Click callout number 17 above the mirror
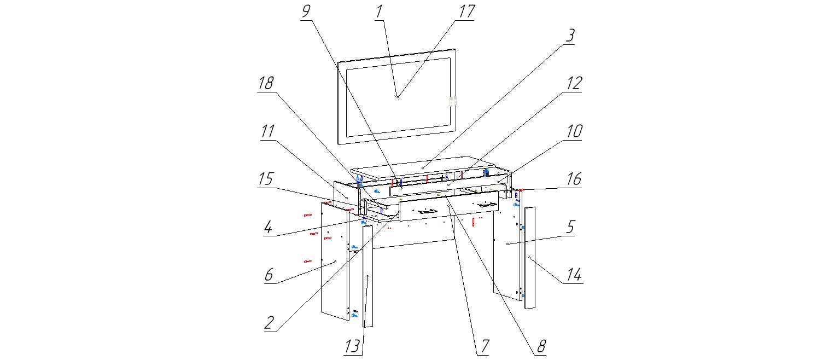coord(467,11)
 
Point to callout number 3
coord(569,36)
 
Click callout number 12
coord(574,83)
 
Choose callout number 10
coord(574,131)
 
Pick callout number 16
coord(574,179)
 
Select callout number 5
coord(570,227)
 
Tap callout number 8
coord(540,346)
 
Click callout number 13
coord(353,346)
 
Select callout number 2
coord(269,323)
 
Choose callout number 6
coord(268,275)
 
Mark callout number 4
coord(267,227)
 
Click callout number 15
coord(266,179)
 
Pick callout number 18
coord(266,83)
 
